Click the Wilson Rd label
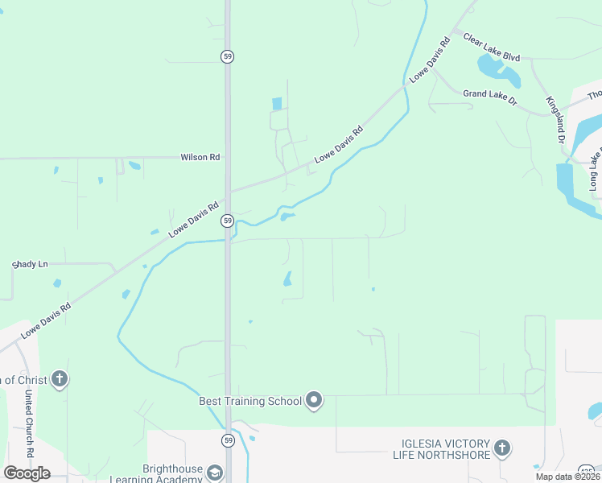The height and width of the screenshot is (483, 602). pyautogui.click(x=200, y=158)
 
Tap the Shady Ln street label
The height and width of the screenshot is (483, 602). pyautogui.click(x=30, y=264)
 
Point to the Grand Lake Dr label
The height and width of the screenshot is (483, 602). pyautogui.click(x=489, y=94)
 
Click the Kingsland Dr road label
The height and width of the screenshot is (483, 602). pyautogui.click(x=555, y=120)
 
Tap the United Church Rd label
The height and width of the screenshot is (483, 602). pyautogui.click(x=28, y=424)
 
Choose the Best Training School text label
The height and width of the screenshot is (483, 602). pyautogui.click(x=250, y=401)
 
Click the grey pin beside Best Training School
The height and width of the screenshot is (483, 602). pyautogui.click(x=315, y=400)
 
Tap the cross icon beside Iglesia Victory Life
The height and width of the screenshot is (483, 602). pyautogui.click(x=501, y=448)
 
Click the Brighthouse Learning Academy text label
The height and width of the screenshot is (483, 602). pyautogui.click(x=172, y=473)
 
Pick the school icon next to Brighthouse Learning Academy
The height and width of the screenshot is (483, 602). pyautogui.click(x=214, y=473)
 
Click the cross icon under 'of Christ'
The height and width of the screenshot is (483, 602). pyautogui.click(x=59, y=379)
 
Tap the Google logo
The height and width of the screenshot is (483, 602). pyautogui.click(x=27, y=473)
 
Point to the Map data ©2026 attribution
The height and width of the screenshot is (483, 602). pyautogui.click(x=567, y=477)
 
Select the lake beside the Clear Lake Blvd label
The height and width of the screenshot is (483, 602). pyautogui.click(x=499, y=70)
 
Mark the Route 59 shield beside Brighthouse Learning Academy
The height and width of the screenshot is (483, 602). pyautogui.click(x=229, y=440)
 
